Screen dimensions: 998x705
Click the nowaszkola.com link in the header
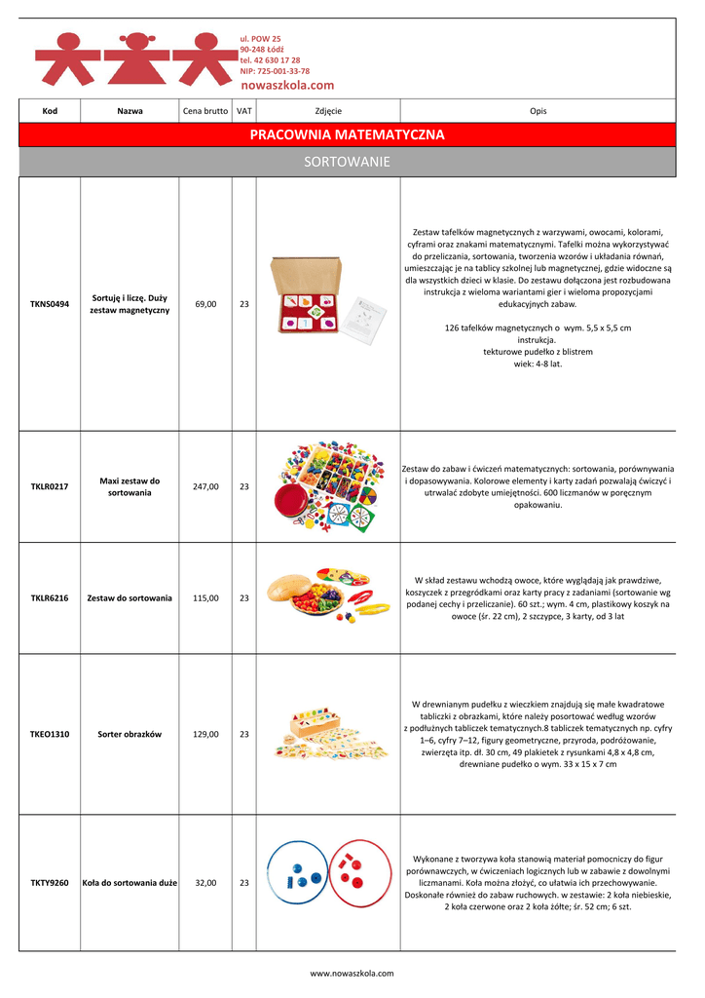[286, 86]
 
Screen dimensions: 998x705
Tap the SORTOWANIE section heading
[347, 162]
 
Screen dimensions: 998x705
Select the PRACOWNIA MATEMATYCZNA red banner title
[347, 134]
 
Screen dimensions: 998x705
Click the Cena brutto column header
[205, 111]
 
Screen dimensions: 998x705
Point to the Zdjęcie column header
[328, 111]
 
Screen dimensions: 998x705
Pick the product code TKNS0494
[50, 304]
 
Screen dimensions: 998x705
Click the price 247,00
[205, 486]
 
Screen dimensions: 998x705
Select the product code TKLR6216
[50, 597]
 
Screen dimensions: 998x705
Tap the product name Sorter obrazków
[130, 734]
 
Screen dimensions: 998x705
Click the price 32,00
[205, 883]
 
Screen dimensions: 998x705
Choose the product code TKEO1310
[50, 734]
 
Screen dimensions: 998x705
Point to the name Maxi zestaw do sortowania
[130, 486]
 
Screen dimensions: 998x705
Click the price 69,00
[205, 304]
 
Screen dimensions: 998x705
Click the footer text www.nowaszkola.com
[352, 973]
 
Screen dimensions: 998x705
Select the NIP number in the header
[275, 71]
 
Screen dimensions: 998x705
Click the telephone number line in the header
[270, 60]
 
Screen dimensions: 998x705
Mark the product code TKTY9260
[50, 883]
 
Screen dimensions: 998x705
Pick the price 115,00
[205, 597]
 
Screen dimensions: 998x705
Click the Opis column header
[538, 111]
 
